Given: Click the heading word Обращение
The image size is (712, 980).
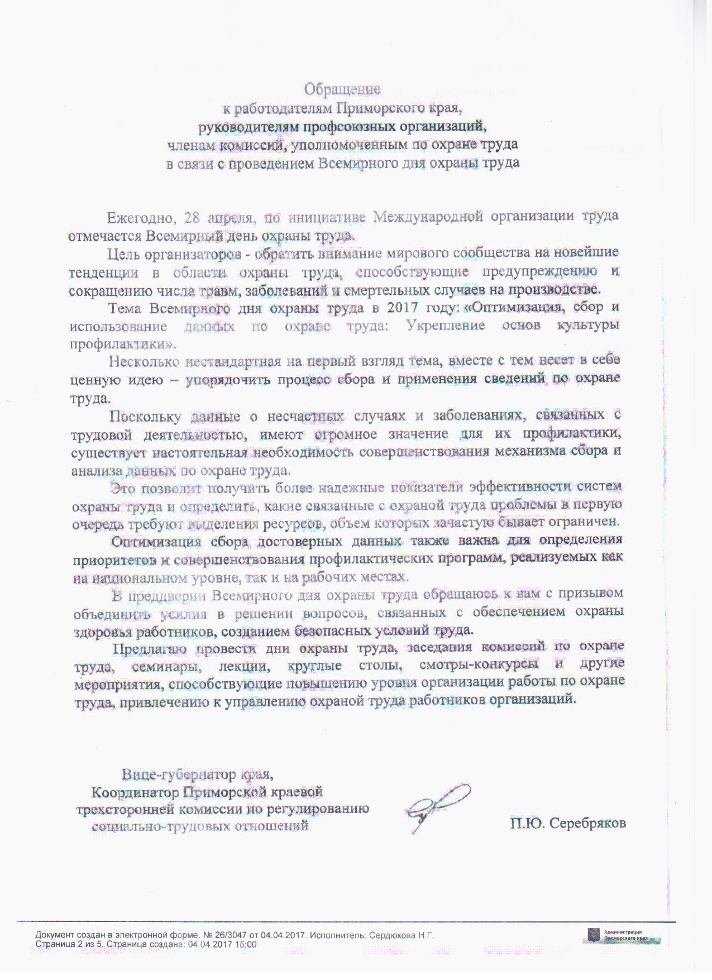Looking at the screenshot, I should coord(342,89).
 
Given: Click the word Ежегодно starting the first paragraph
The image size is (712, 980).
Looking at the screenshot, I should coord(137,217).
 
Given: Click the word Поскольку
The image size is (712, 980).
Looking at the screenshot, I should coord(146,416).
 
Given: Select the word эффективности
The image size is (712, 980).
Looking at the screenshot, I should coord(515,487).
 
